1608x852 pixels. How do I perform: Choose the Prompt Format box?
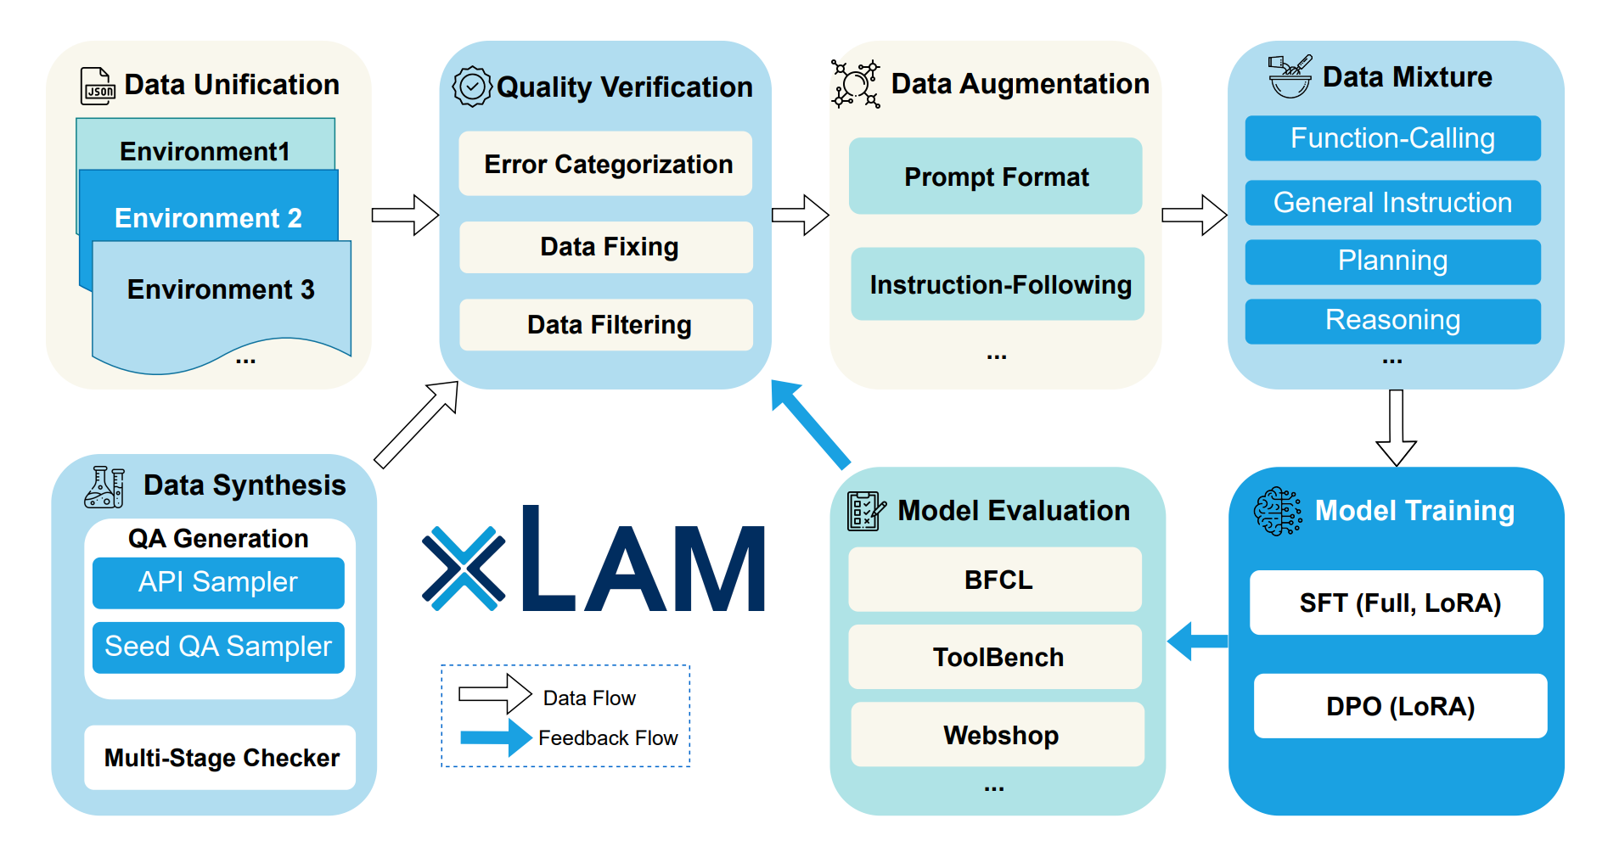tap(995, 177)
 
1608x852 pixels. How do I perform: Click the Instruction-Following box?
tap(998, 284)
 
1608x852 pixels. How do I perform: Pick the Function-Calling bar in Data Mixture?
tap(1392, 138)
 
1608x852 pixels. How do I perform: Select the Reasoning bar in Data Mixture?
tap(1392, 321)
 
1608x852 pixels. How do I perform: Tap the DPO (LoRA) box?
tap(1400, 706)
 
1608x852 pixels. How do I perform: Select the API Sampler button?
tap(218, 582)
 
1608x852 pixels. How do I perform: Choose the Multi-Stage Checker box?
tap(220, 757)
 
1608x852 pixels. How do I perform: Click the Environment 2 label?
tap(208, 217)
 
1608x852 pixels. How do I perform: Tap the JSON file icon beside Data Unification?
tap(98, 87)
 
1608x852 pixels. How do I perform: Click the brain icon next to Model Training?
tap(1277, 511)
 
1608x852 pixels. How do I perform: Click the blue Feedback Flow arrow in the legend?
tap(497, 737)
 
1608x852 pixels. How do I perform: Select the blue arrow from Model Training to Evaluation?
tap(1198, 641)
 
